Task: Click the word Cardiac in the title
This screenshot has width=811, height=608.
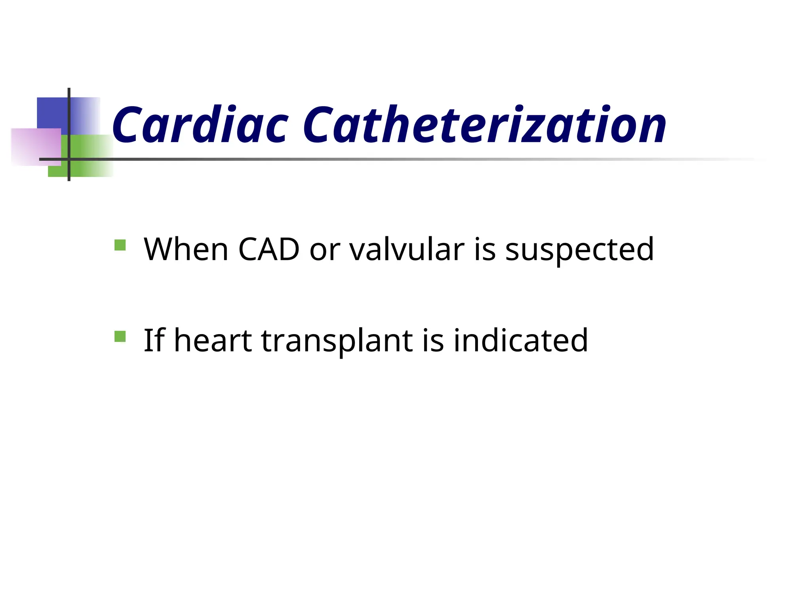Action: pyautogui.click(x=200, y=125)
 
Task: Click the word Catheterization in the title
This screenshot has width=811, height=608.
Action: pyautogui.click(x=484, y=125)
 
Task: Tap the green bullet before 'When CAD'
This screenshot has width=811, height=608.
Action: pyautogui.click(x=120, y=245)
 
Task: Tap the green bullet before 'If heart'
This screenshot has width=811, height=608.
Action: pyautogui.click(x=120, y=336)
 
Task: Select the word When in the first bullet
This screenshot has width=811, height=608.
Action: pyautogui.click(x=186, y=249)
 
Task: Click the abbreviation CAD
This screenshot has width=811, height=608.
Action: pyautogui.click(x=268, y=249)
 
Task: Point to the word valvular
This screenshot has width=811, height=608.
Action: pyautogui.click(x=407, y=249)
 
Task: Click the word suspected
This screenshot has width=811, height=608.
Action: pyautogui.click(x=579, y=250)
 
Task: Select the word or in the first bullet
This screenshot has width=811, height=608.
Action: pyautogui.click(x=324, y=250)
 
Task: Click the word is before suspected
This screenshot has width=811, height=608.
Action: pyautogui.click(x=485, y=249)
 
